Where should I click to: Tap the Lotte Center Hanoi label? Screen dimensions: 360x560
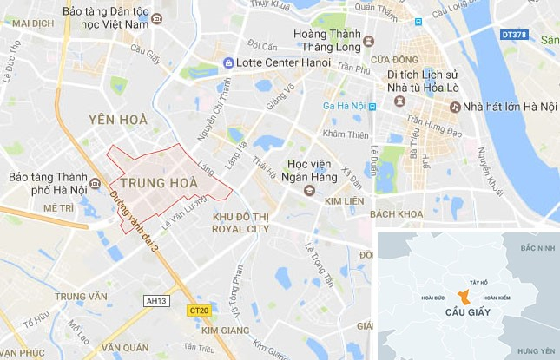(270, 62)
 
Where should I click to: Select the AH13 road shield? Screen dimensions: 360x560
(156, 301)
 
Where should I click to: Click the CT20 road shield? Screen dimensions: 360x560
(198, 310)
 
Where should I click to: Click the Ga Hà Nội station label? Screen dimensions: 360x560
(343, 107)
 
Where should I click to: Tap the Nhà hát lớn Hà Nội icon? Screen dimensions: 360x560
(454, 107)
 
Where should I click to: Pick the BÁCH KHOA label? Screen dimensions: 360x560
(395, 213)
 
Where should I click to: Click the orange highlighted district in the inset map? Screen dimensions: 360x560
(467, 295)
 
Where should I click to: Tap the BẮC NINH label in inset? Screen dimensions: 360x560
(537, 249)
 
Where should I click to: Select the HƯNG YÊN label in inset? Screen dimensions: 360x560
(535, 350)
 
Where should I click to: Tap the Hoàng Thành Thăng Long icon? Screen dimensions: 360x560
(368, 41)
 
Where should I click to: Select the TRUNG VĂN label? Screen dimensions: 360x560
(80, 296)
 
